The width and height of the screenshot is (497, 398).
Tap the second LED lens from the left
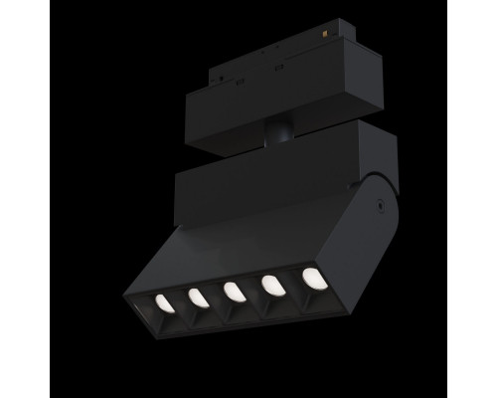pyautogui.click(x=197, y=296)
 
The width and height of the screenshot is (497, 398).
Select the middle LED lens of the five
pyautogui.click(x=234, y=292)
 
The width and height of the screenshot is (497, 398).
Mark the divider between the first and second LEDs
pyautogui.click(x=179, y=298)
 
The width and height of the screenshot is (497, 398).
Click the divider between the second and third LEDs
pyautogui.click(x=215, y=295)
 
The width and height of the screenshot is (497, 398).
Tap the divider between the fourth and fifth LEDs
pyautogui.click(x=290, y=283)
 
